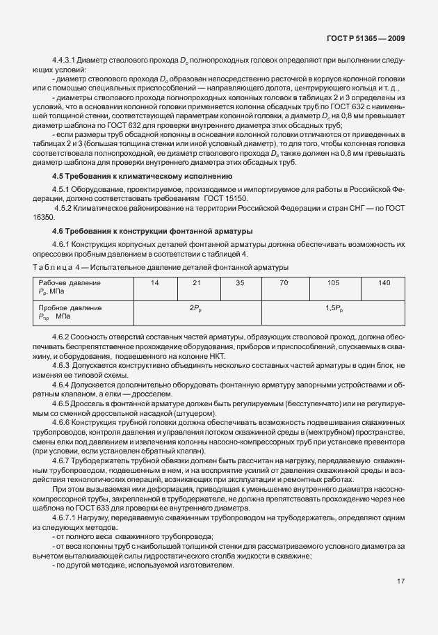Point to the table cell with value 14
click(x=154, y=283)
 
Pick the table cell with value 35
click(x=241, y=283)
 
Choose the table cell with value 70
click(x=284, y=283)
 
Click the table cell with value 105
click(x=333, y=283)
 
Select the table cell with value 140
click(x=384, y=283)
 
